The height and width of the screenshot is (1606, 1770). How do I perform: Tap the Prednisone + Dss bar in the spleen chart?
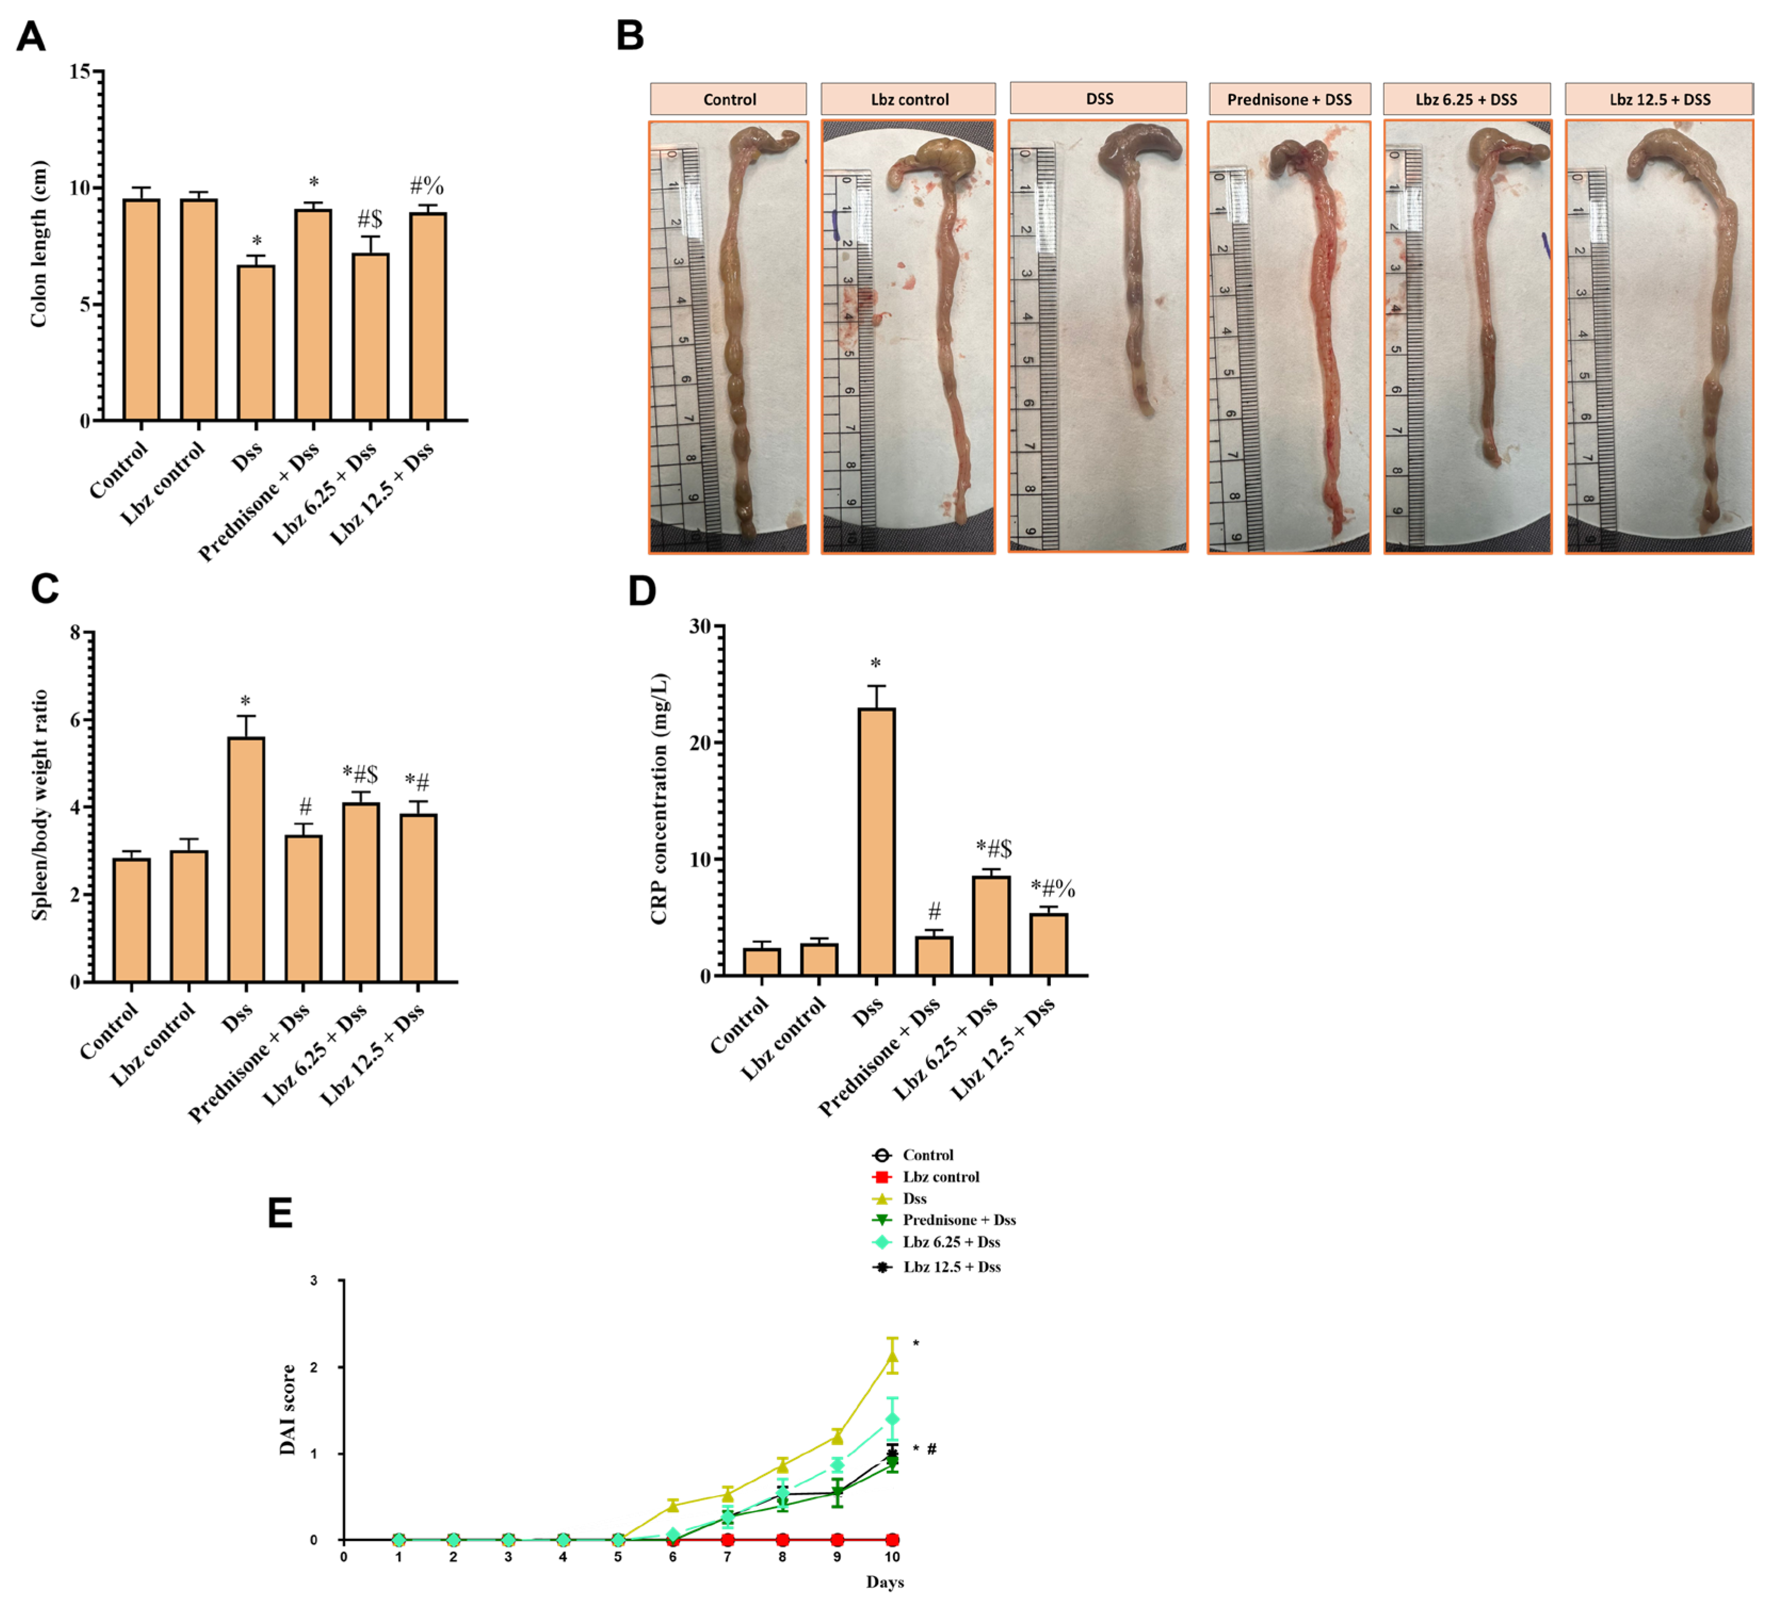304,909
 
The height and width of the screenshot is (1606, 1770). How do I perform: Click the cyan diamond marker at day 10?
892,1419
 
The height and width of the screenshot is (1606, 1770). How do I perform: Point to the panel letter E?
280,1214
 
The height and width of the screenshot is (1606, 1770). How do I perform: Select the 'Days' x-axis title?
885,1581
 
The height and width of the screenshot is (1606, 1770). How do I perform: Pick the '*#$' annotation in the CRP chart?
994,849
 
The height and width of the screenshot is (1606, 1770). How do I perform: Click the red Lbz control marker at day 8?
782,1539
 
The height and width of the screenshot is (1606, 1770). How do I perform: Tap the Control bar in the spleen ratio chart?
132,920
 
